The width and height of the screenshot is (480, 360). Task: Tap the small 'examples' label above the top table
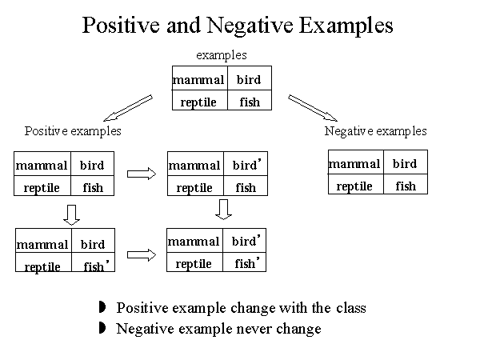[x=222, y=55]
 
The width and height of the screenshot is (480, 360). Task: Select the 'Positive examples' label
[x=73, y=130]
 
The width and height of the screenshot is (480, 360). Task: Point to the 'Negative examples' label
[x=376, y=130]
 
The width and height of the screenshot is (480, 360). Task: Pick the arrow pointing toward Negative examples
[x=314, y=108]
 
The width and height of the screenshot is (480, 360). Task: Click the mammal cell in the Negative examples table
[x=354, y=164]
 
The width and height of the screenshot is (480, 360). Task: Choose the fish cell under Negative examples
[x=406, y=186]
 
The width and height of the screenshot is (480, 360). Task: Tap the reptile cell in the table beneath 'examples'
[x=198, y=102]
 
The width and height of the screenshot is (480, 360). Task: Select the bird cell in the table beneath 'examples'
[x=249, y=80]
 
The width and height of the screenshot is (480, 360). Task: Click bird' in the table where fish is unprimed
[x=245, y=165]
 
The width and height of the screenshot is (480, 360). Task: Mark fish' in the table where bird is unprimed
[x=94, y=266]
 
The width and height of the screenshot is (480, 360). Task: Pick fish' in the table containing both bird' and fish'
[x=246, y=262]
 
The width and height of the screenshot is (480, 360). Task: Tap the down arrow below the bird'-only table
[x=224, y=209]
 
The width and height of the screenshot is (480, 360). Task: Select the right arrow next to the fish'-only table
[x=141, y=255]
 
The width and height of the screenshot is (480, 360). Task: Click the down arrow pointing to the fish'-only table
[x=71, y=214]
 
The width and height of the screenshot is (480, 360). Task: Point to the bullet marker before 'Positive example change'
[x=102, y=308]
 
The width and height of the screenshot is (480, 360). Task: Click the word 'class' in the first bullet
[x=350, y=308]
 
